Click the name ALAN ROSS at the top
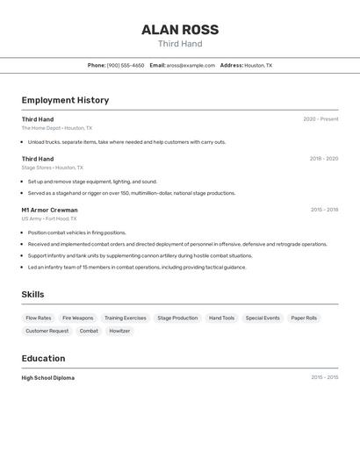tap(180, 30)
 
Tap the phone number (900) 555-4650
tap(126, 65)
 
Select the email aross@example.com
tap(191, 65)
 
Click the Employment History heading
tap(65, 100)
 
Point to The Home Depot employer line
tap(56, 128)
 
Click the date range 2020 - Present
tap(320, 119)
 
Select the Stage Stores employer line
tap(52, 168)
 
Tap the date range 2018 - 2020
tap(324, 159)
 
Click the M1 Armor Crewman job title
tap(49, 210)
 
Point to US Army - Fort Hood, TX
tap(49, 218)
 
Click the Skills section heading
tap(32, 295)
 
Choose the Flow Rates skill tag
tap(39, 318)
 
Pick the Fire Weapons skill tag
tap(77, 318)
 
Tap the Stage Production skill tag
tap(177, 318)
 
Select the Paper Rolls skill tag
tap(304, 318)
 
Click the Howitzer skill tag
tap(119, 331)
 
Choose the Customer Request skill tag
tap(47, 331)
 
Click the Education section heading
tap(43, 358)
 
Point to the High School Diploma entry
tap(48, 378)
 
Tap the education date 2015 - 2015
tap(324, 378)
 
